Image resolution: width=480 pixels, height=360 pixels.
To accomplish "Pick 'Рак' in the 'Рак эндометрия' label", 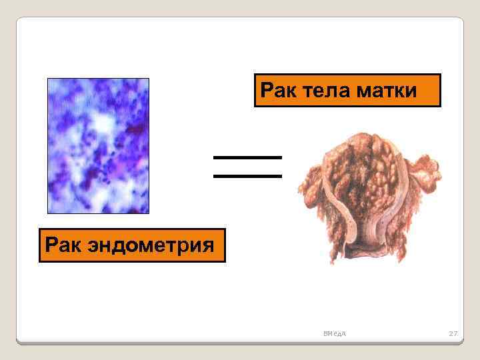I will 61,245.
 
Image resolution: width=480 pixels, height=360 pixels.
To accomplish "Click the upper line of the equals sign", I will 247,157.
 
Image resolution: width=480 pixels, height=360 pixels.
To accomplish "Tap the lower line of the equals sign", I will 247,176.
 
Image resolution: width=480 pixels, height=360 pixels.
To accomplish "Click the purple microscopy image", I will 98,145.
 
